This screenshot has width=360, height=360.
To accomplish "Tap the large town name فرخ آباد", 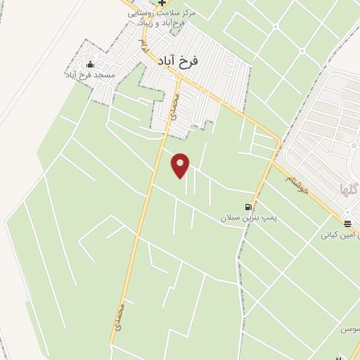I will point(175,60).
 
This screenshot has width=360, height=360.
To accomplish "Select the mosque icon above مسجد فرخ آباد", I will point(89,65).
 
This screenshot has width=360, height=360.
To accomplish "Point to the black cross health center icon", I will point(162,4).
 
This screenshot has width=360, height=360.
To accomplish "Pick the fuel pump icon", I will point(247,207).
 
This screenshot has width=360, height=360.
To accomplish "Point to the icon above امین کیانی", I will point(348,224).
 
